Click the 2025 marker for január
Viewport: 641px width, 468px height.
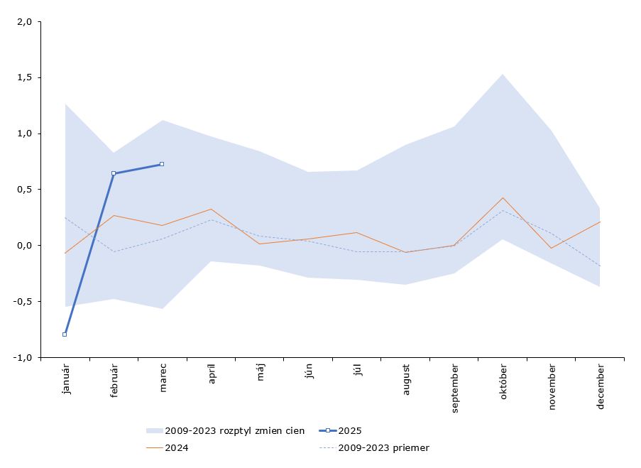tap(65, 334)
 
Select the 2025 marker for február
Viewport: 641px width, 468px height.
tap(114, 173)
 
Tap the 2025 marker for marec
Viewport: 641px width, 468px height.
tap(162, 164)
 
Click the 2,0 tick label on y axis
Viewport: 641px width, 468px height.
tap(25, 21)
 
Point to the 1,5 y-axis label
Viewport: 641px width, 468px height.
tap(25, 77)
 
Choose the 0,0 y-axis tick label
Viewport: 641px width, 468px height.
tap(25, 246)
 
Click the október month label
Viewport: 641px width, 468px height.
tap(503, 382)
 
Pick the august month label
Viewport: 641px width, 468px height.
tap(406, 380)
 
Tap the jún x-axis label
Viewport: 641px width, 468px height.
tap(309, 371)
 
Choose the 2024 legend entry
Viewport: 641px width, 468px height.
tap(177, 447)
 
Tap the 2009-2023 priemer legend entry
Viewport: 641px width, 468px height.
tap(383, 447)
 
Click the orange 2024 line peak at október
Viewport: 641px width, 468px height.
tap(503, 197)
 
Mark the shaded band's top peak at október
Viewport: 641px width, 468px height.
tap(503, 74)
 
